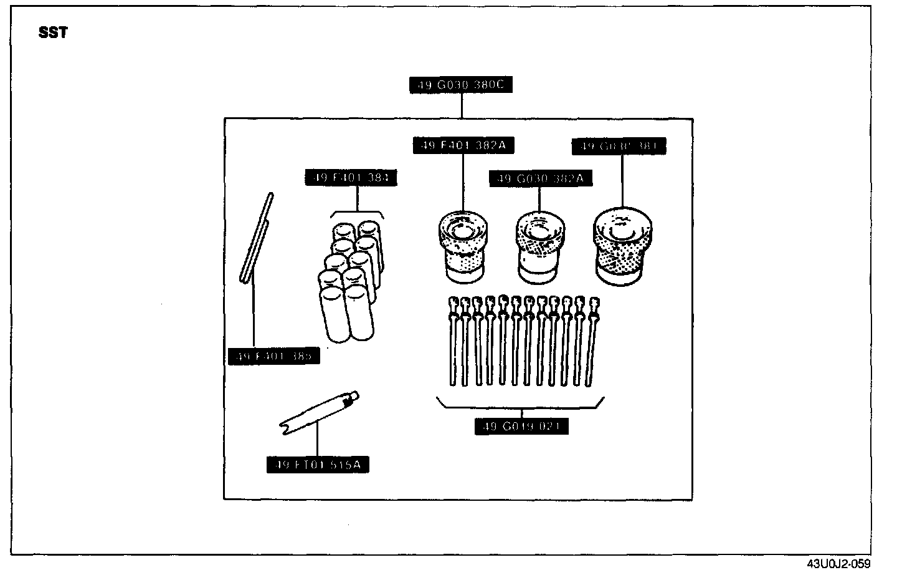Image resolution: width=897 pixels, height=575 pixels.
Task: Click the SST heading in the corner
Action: [x=53, y=33]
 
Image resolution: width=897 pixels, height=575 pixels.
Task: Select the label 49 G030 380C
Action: [x=461, y=84]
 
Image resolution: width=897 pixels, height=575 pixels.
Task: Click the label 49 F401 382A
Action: [x=463, y=145]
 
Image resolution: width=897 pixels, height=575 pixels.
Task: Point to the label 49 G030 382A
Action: [x=540, y=178]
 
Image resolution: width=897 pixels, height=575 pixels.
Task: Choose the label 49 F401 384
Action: [x=351, y=177]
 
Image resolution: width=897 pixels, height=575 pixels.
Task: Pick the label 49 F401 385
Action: [x=274, y=357]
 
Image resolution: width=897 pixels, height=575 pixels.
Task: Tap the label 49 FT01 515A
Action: [x=317, y=465]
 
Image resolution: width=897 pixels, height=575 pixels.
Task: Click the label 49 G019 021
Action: [x=521, y=427]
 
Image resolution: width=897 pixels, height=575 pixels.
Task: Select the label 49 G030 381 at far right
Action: [x=619, y=147]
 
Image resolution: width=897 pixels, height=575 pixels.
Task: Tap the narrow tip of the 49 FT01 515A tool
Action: [x=354, y=395]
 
